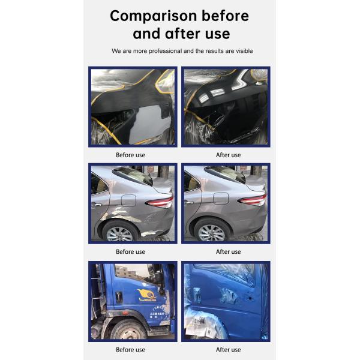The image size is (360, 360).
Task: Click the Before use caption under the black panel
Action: (130, 155)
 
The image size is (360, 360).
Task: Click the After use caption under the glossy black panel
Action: (228, 155)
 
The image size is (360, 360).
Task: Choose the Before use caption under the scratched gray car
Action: (130, 251)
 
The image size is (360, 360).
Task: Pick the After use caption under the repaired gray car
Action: (228, 251)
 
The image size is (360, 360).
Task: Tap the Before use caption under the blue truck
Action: (130, 350)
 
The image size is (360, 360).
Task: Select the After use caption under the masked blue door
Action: (228, 350)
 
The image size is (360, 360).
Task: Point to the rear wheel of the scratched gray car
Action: (119, 233)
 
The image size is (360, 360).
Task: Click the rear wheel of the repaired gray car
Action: (212, 233)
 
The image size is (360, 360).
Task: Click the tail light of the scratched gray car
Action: (160, 201)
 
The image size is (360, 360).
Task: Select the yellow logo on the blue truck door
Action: (147, 294)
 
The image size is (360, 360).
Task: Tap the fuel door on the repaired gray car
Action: (221, 197)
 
